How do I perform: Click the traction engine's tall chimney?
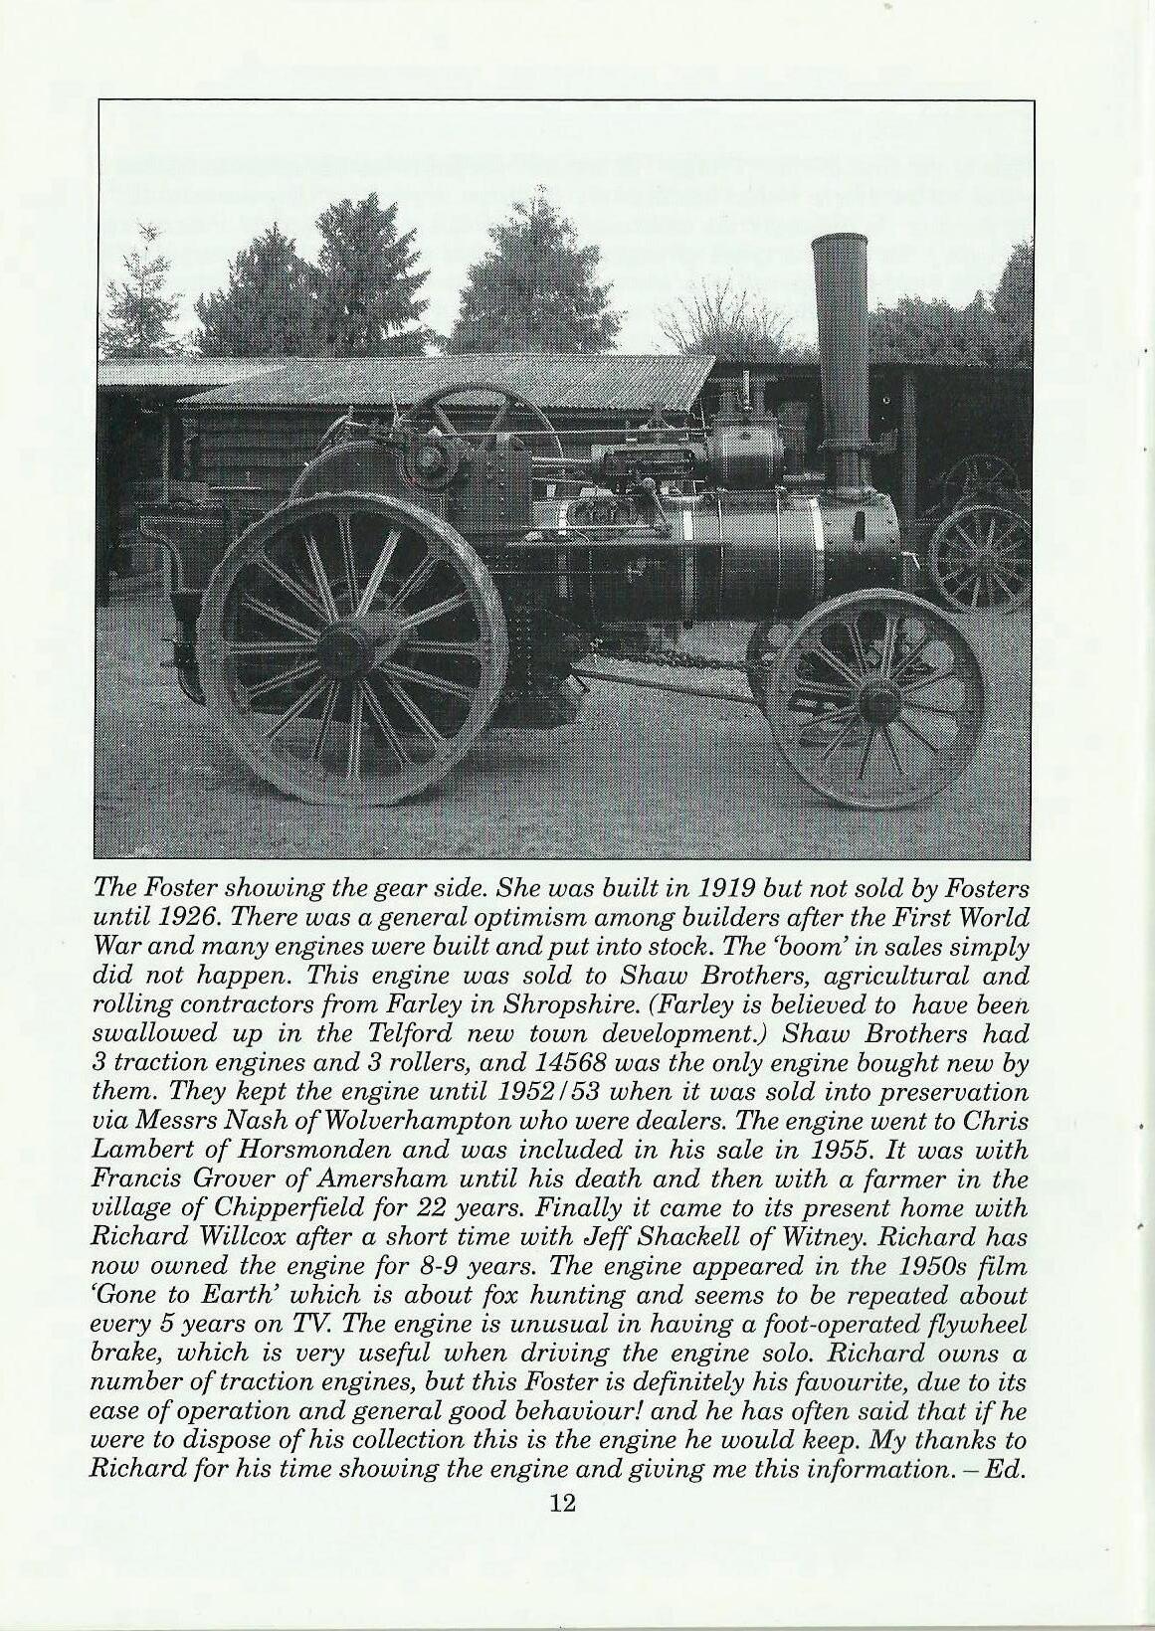[x=840, y=348]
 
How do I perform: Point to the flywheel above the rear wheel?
[x=468, y=438]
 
